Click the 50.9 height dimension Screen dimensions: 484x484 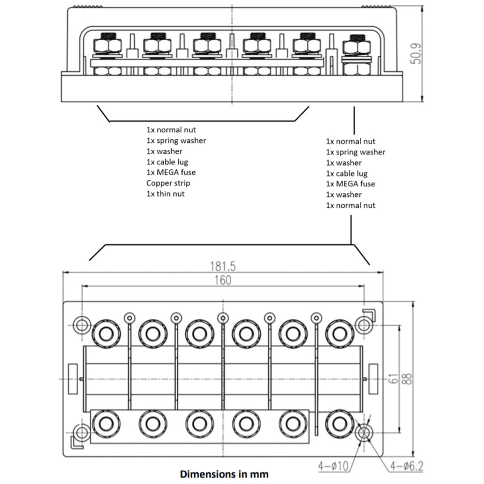(x=415, y=54)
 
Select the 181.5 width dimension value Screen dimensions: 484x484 (x=223, y=267)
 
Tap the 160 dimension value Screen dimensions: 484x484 (x=223, y=280)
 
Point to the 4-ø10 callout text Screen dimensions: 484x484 (x=334, y=466)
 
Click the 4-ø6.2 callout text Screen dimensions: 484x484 (x=407, y=466)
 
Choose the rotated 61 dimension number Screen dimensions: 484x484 (x=394, y=378)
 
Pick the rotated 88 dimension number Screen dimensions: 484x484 (x=408, y=379)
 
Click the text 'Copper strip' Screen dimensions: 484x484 (x=168, y=183)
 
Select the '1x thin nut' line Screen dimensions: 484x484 (x=165, y=194)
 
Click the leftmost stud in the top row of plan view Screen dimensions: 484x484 (x=106, y=334)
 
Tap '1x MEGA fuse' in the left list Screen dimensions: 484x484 (x=171, y=172)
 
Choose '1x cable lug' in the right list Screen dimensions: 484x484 (x=346, y=173)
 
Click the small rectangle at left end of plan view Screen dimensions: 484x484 (x=73, y=378)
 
